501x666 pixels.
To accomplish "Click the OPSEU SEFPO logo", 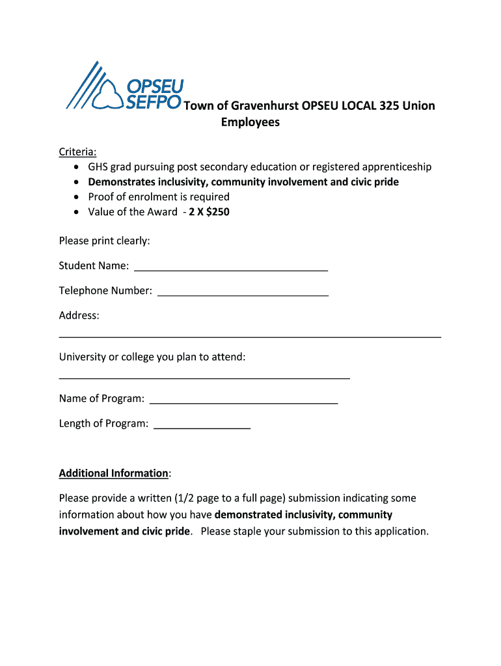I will pyautogui.click(x=124, y=87).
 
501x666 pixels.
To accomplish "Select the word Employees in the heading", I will pyautogui.click(x=251, y=122).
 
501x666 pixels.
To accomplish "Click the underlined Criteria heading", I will pyautogui.click(x=77, y=152).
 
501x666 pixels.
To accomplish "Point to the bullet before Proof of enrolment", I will pyautogui.click(x=75, y=197).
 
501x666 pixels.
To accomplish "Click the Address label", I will pyautogui.click(x=79, y=315).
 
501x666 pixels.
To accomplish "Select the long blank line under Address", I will pyautogui.click(x=250, y=337).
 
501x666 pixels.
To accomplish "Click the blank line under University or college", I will pyautogui.click(x=204, y=378).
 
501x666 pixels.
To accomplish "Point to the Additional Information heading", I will pyautogui.click(x=114, y=473).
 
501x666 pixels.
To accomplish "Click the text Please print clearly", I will pyautogui.click(x=104, y=241).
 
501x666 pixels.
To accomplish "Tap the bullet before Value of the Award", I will pyautogui.click(x=75, y=212).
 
